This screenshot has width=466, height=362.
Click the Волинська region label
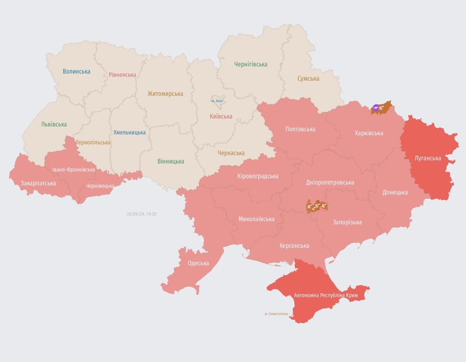pos(76,72)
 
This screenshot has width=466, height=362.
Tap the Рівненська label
pos(122,74)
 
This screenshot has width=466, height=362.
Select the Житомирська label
pos(165,93)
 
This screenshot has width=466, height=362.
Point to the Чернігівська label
pos(251,64)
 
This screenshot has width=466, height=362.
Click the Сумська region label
pos(308,79)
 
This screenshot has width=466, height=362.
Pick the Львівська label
pos(54,124)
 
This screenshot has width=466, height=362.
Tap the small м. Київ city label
pos(217,101)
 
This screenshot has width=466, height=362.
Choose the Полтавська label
pos(300,129)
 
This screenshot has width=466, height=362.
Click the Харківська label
pos(369,133)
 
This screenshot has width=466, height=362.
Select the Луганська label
pos(428,158)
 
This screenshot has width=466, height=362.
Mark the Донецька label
pos(395,192)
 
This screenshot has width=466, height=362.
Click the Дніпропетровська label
pos(330,182)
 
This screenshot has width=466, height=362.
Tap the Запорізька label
pos(347,222)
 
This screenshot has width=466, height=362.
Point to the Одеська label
pos(198,263)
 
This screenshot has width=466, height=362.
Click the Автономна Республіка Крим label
pos(326,296)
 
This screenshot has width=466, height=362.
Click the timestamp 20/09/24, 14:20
pos(141,214)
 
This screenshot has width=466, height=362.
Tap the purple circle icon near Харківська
pos(376,108)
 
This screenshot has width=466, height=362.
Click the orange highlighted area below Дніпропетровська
pos(317,206)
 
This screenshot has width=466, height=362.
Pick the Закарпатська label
pos(38,183)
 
